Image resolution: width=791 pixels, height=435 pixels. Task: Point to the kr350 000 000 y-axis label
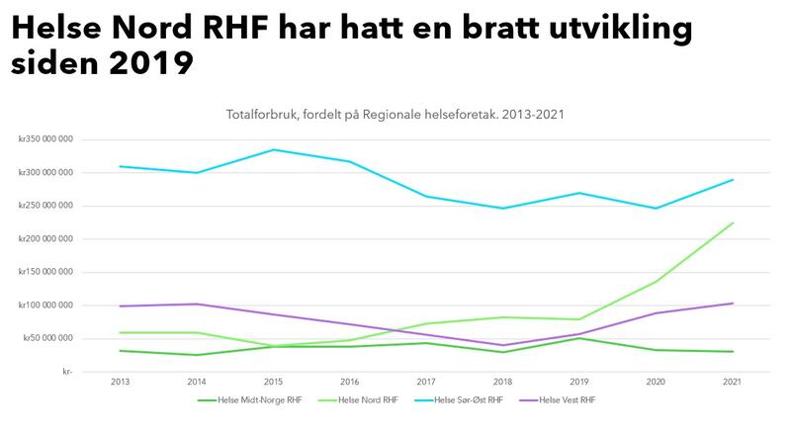coord(44,139)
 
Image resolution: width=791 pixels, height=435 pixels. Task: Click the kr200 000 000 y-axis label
coord(44,238)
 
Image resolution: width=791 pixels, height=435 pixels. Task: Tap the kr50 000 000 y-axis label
coord(46,338)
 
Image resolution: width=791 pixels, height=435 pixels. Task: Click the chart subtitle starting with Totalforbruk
coord(395,115)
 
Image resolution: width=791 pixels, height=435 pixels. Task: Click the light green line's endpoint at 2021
coord(733,222)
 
